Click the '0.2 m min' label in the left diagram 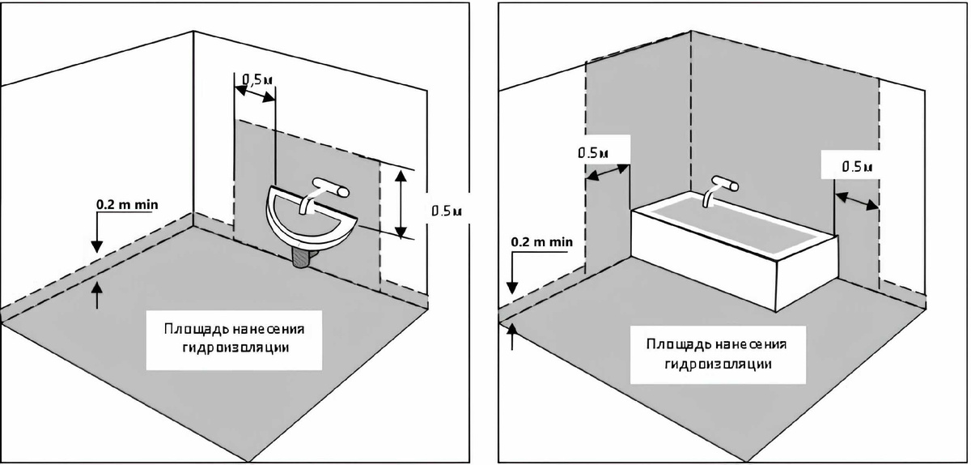127,205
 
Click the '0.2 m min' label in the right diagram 541,241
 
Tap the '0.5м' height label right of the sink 446,211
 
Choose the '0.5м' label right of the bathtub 856,166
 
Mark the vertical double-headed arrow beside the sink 401,203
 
